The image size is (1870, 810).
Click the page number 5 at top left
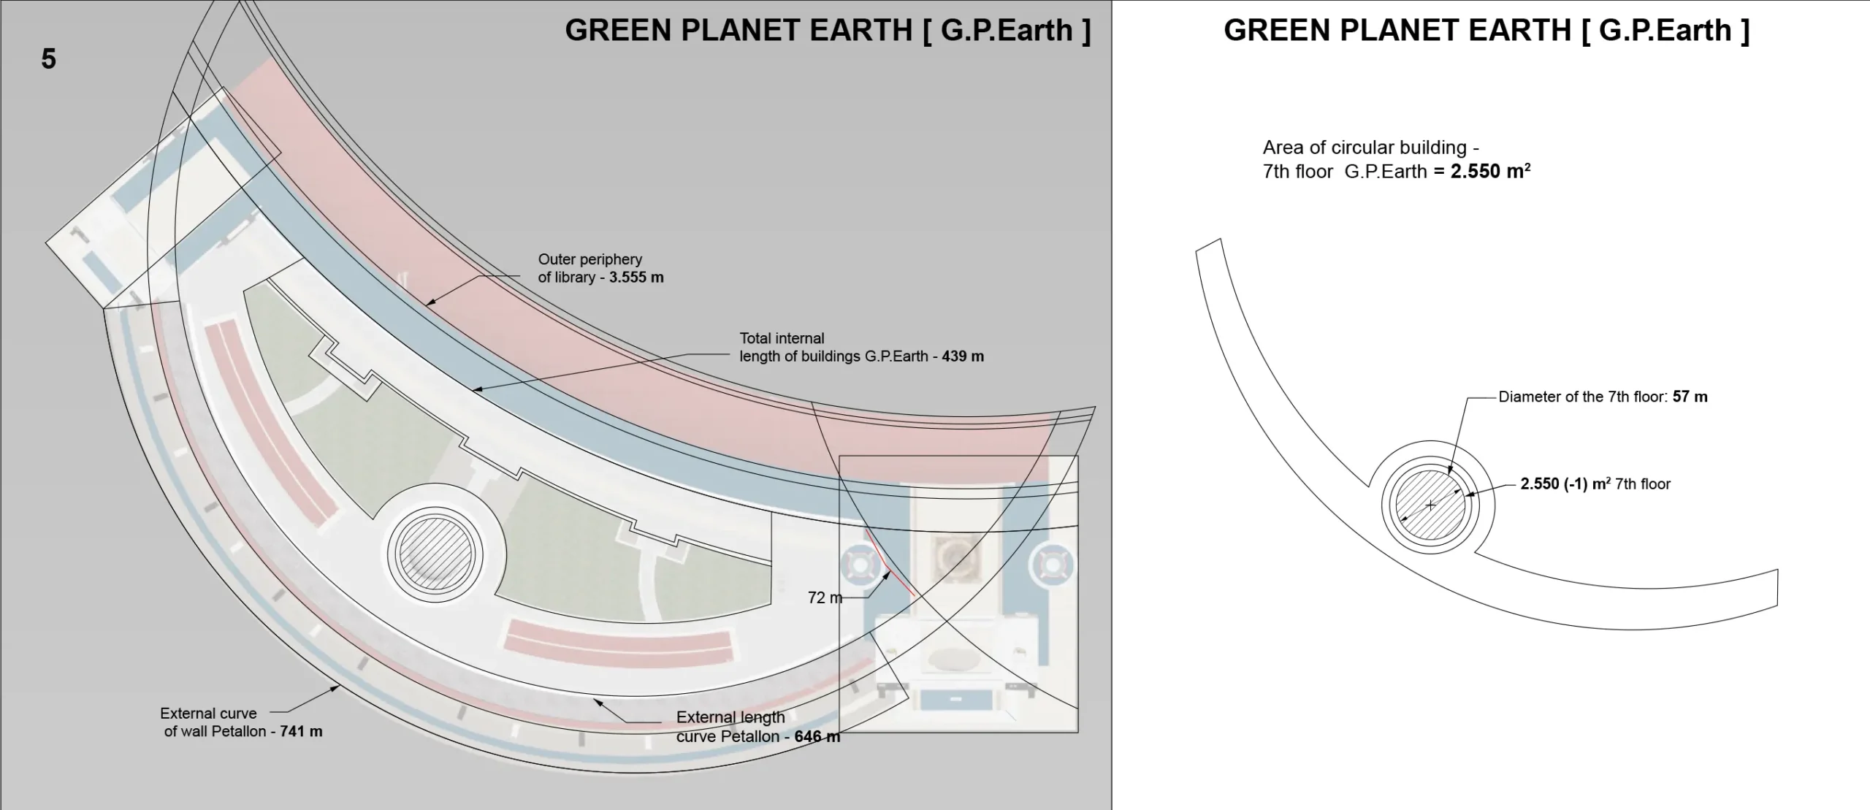point(48,59)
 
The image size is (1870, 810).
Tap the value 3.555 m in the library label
point(636,278)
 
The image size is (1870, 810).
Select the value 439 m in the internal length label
point(963,356)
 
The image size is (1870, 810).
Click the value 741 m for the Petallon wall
point(301,731)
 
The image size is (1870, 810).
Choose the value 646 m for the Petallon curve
point(817,736)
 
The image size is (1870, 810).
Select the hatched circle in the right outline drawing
point(1430,505)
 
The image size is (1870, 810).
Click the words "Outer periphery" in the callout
point(590,259)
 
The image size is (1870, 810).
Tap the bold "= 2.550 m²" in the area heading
point(1481,171)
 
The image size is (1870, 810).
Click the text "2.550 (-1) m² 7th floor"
point(1595,484)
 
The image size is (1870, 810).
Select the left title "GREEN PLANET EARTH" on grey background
point(739,31)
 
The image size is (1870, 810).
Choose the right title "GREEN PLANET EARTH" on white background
point(1397,31)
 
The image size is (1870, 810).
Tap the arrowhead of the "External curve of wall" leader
point(337,689)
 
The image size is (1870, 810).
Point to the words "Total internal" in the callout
point(782,338)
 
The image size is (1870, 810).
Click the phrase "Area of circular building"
point(1365,148)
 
